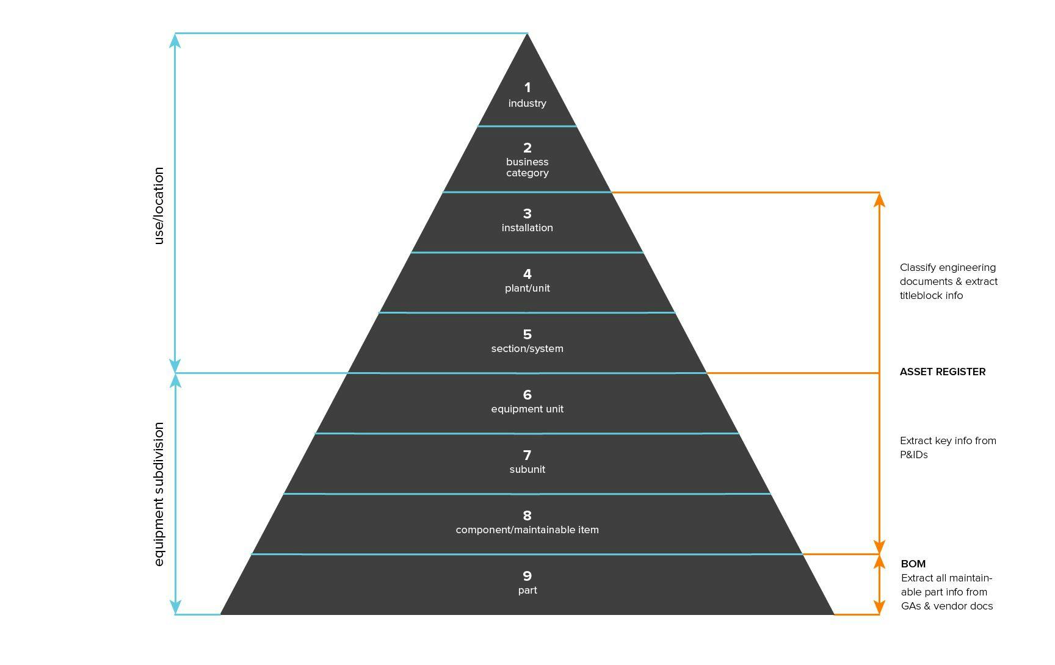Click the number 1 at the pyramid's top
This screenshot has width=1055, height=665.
(x=527, y=88)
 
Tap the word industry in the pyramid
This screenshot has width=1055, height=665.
(x=527, y=104)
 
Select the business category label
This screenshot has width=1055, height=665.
(x=527, y=167)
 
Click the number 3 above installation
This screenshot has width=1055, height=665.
(x=527, y=214)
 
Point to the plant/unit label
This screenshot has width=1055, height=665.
(x=527, y=288)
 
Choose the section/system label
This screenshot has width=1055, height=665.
(x=527, y=348)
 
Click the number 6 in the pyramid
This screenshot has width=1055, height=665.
(x=527, y=395)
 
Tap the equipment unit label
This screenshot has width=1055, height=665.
(x=527, y=409)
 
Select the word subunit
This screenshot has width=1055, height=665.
(x=527, y=469)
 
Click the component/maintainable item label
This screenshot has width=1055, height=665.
(x=527, y=530)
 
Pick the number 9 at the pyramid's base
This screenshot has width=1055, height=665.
(x=527, y=576)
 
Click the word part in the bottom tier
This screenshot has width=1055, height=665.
(x=527, y=591)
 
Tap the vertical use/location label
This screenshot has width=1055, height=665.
(x=159, y=206)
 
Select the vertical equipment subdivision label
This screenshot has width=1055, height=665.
(x=159, y=494)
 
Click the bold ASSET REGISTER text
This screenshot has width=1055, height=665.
(x=943, y=372)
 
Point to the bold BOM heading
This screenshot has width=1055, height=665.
(x=913, y=564)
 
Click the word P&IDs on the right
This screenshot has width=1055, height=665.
(x=914, y=455)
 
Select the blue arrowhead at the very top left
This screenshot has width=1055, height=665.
(x=175, y=41)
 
